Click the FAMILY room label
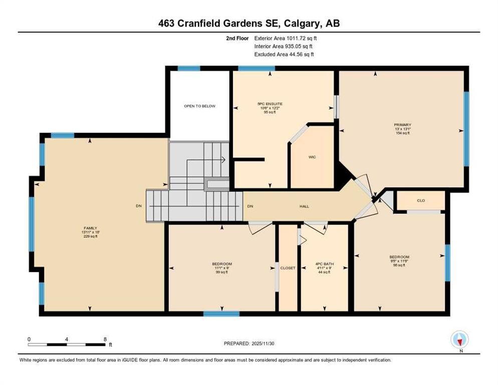coord(90,228)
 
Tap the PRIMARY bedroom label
coord(401,124)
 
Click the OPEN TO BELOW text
coord(199,106)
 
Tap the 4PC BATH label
coord(325,264)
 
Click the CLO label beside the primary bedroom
coord(421,201)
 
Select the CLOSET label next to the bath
coord(288,268)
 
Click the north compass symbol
coord(459,339)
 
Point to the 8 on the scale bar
coord(104,339)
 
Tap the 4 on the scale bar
coord(67,339)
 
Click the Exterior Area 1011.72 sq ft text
coord(286,38)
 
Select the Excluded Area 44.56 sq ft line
coord(284,54)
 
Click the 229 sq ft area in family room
coord(90,237)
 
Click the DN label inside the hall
coord(250,206)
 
